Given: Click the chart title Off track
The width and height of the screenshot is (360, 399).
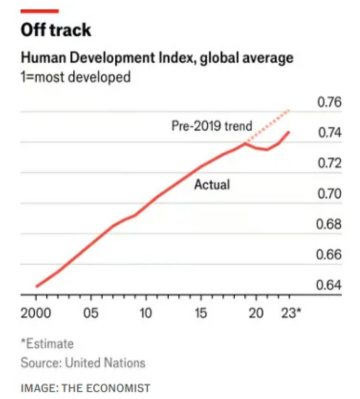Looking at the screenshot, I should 56,30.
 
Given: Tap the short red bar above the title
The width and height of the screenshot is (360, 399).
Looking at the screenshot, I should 40,11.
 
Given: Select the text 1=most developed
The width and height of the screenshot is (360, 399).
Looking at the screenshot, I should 75,77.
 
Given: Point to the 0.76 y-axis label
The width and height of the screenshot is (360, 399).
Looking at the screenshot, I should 329,103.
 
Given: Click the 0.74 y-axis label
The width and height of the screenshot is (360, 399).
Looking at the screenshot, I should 329,133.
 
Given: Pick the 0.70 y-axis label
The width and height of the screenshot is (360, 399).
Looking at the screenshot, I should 329,194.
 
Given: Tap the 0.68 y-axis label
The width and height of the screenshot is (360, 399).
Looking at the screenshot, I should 329,225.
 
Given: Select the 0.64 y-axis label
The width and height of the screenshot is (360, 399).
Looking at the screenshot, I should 329,285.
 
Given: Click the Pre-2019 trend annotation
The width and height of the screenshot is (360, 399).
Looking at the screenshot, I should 211,126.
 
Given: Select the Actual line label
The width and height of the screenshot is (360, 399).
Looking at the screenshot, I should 212,184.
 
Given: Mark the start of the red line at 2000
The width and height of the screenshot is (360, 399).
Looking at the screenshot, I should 36,287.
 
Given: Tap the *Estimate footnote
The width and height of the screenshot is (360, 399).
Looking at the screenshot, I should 47,344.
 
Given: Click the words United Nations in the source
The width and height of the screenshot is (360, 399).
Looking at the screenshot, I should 105,363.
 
